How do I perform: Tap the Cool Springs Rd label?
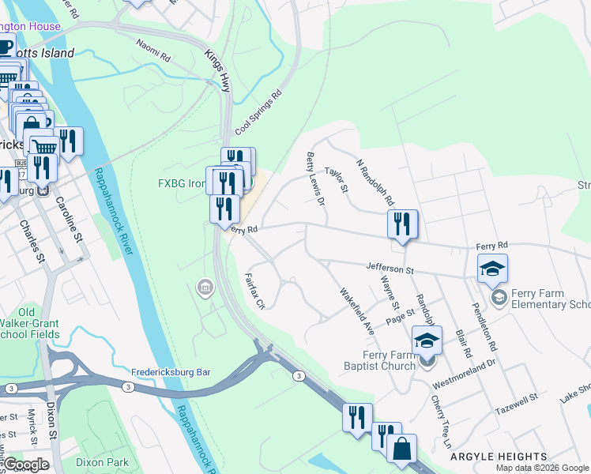(x=258, y=113)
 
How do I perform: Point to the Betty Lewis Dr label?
(x=315, y=179)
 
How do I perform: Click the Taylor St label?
(x=337, y=179)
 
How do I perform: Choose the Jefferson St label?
(x=389, y=269)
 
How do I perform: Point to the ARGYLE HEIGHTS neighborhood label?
(x=498, y=457)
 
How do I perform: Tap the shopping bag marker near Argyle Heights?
(x=401, y=448)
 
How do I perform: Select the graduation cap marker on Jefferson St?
(x=491, y=269)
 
